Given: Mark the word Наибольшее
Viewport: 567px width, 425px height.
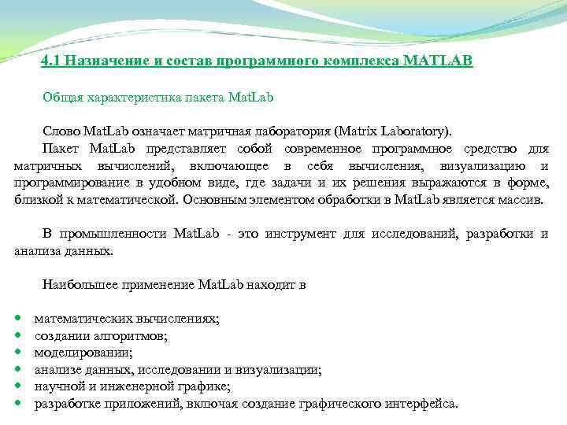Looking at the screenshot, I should [x=76, y=284].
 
